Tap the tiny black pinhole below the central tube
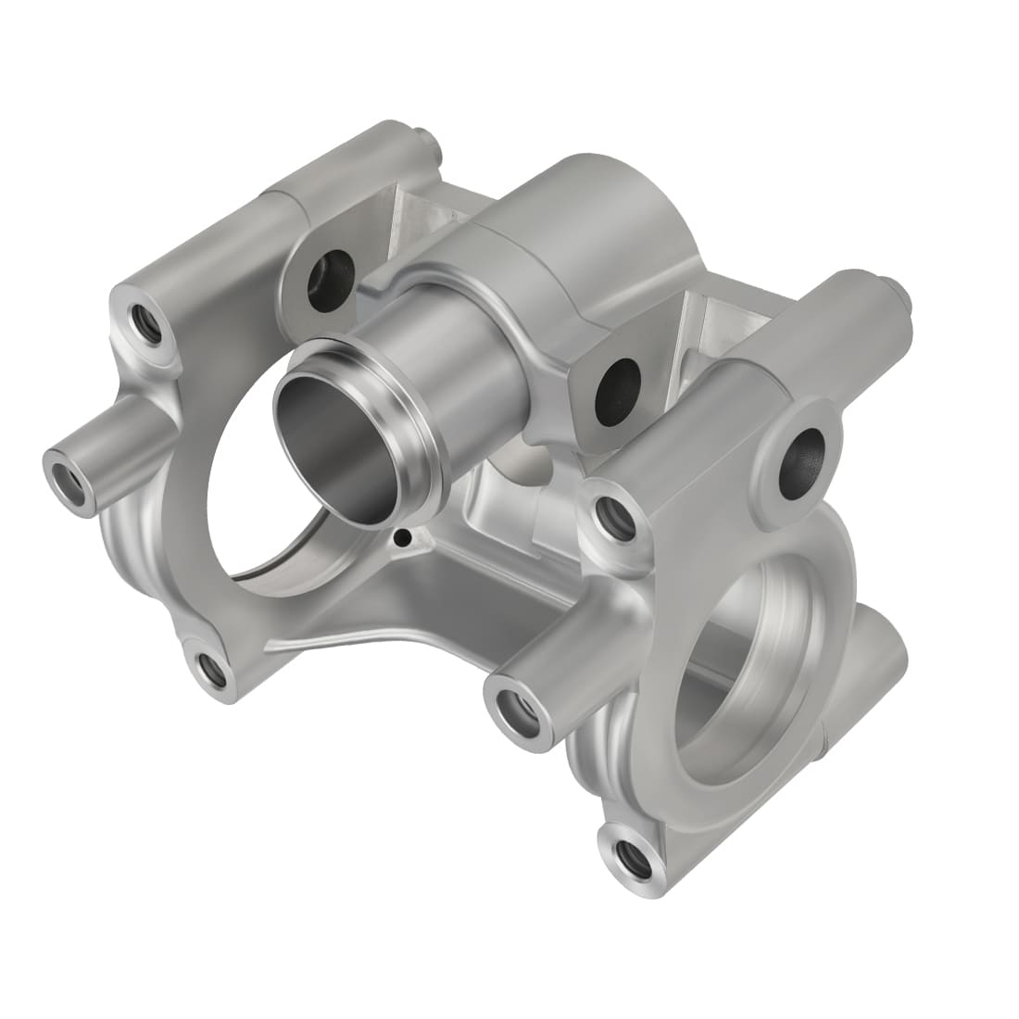coord(400,536)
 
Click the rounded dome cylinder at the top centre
coord(593,213)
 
